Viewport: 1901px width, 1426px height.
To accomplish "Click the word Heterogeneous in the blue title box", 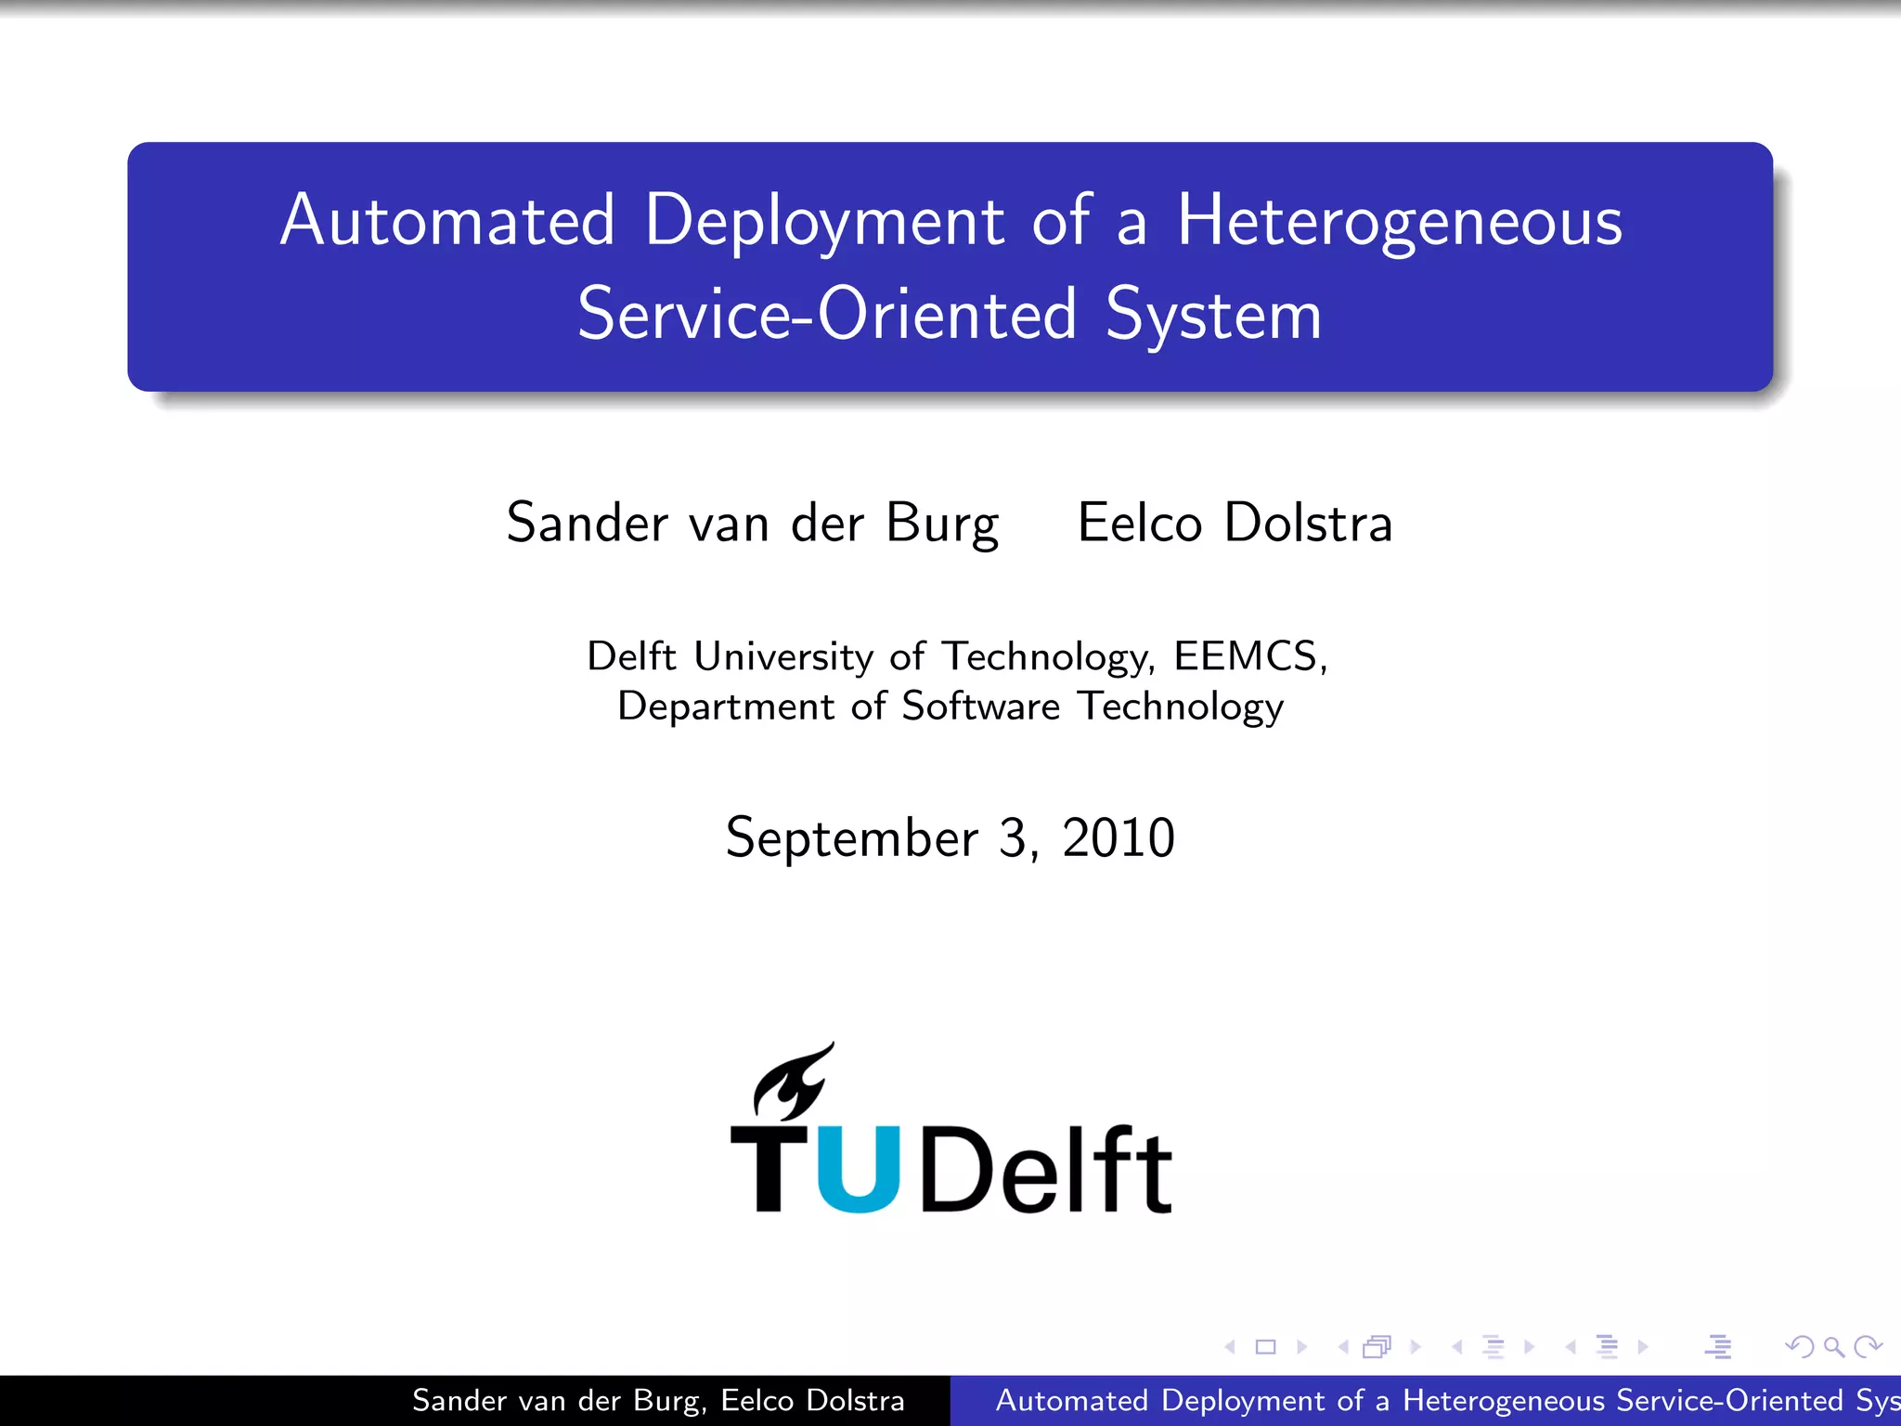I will tap(1400, 223).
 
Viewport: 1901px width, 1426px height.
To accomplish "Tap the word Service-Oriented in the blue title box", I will tap(826, 316).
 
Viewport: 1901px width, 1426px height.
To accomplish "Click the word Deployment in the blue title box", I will tap(824, 223).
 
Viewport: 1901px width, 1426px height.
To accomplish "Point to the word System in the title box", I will tap(1213, 316).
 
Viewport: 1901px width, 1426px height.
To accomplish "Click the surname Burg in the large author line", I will tap(942, 524).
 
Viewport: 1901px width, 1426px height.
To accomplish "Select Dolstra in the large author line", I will tap(1309, 523).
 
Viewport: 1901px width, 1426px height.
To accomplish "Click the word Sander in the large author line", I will tap(587, 523).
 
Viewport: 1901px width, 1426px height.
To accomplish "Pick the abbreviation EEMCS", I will tap(1246, 656).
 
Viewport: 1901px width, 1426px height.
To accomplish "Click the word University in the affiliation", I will tap(783, 656).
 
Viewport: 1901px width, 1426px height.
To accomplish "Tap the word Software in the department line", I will tap(980, 707).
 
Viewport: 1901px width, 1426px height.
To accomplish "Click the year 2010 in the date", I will tap(1119, 837).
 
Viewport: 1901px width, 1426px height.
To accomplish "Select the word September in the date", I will tap(852, 838).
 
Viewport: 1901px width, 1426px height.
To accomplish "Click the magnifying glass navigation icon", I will tap(1833, 1346).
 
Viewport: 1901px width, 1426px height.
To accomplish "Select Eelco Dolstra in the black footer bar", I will tap(812, 1400).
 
